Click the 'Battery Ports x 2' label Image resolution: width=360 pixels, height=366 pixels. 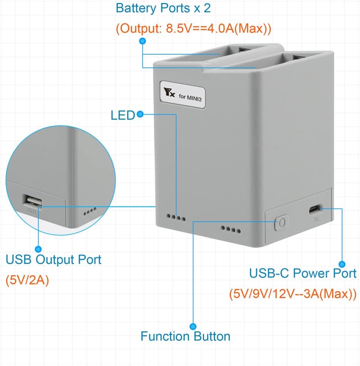tap(163, 8)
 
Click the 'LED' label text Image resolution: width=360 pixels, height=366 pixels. tap(122, 115)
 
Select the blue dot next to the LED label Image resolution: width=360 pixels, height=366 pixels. tap(140, 114)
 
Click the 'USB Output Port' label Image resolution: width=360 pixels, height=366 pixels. tap(54, 259)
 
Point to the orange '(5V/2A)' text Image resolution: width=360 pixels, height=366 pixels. tap(27, 281)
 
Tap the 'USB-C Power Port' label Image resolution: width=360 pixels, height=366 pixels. tap(303, 273)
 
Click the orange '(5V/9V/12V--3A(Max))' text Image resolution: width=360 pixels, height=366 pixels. tap(292, 294)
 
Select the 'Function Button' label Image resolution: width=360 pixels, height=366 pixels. tap(185, 336)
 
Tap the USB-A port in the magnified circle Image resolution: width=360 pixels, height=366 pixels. tap(32, 201)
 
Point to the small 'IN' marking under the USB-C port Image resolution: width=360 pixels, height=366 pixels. tap(316, 220)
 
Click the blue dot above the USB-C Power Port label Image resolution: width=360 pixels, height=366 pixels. tap(342, 264)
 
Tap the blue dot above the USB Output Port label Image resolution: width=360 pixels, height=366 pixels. tap(39, 249)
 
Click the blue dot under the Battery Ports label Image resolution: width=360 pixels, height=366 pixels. tap(142, 40)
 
